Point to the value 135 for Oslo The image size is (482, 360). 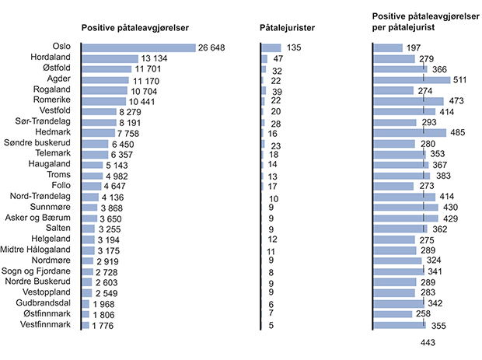pyautogui.click(x=294, y=48)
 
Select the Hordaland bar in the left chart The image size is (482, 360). pyautogui.click(x=110, y=58)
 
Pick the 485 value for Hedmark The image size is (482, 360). pyautogui.click(x=459, y=133)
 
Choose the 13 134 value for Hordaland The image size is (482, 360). pyautogui.click(x=155, y=59)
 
